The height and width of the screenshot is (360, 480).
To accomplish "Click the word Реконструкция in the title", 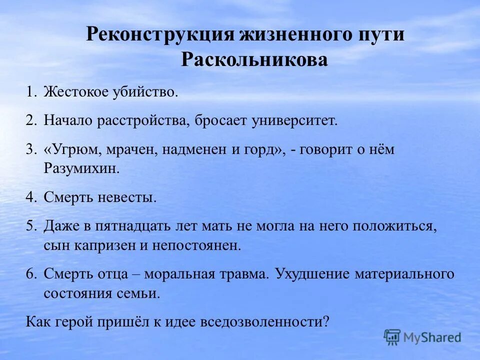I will pyautogui.click(x=160, y=35).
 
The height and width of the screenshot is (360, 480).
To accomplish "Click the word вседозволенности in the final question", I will pyautogui.click(x=264, y=321).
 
